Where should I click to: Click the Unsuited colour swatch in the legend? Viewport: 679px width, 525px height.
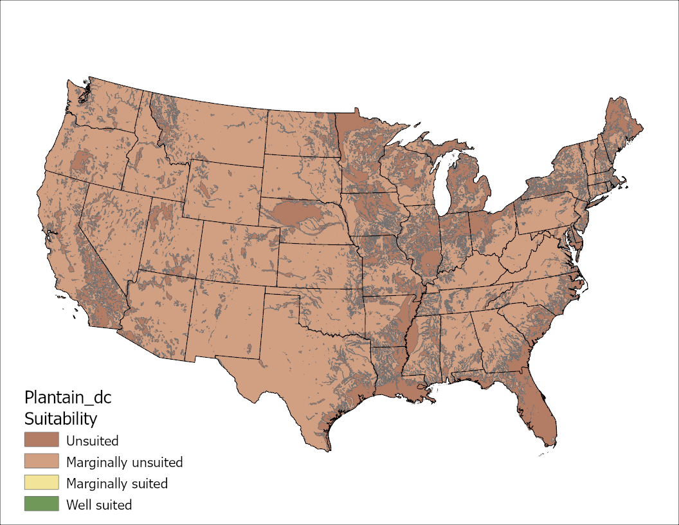click(x=41, y=440)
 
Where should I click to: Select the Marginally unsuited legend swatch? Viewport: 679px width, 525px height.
click(x=41, y=461)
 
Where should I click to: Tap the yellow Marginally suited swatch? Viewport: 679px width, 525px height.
click(x=41, y=483)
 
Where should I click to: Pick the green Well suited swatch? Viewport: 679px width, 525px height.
click(x=41, y=504)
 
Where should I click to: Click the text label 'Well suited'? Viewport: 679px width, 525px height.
click(x=99, y=504)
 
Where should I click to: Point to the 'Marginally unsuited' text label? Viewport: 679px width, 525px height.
click(x=124, y=462)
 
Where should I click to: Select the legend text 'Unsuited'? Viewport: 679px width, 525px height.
click(x=92, y=441)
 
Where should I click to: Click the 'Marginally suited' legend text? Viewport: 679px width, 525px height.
click(x=116, y=483)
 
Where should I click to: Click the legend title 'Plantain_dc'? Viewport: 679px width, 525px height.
click(x=68, y=398)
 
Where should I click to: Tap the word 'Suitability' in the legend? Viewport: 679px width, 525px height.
click(x=60, y=419)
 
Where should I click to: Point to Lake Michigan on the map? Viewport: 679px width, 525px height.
click(x=442, y=187)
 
